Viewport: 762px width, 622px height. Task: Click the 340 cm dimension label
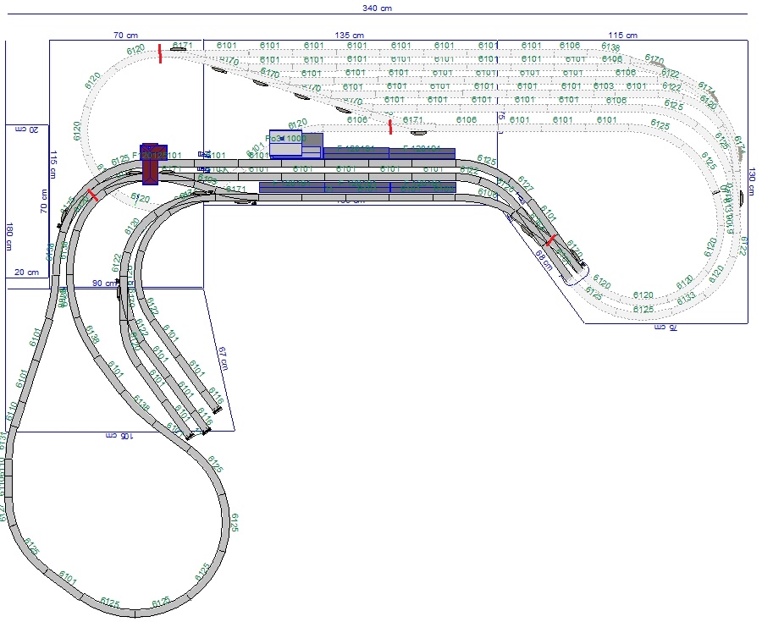[x=381, y=7]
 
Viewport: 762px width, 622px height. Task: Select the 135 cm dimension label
[x=343, y=35]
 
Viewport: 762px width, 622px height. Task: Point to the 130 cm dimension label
[x=752, y=180]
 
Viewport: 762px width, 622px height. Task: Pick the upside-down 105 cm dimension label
[x=121, y=435]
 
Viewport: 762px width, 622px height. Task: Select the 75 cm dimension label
[x=501, y=115]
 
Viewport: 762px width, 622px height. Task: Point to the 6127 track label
[x=525, y=185]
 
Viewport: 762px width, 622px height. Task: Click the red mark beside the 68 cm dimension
[x=551, y=240]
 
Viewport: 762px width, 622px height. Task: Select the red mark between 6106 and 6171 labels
[x=390, y=127]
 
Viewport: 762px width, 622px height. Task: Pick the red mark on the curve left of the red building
[x=92, y=195]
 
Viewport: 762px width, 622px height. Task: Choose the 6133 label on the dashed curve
[x=686, y=297]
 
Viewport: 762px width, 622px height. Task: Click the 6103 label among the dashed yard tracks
[x=604, y=86]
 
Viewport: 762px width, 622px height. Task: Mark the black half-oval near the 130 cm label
[x=742, y=197]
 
